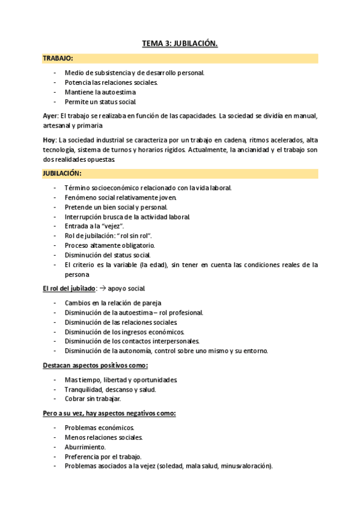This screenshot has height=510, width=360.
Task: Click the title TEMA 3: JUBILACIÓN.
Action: pyautogui.click(x=180, y=43)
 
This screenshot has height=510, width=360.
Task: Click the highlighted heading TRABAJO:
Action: pyautogui.click(x=58, y=58)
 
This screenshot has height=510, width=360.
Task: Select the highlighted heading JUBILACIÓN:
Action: pyautogui.click(x=63, y=173)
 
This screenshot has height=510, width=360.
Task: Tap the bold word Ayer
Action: pyautogui.click(x=50, y=115)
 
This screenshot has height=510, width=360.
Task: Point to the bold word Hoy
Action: pyautogui.click(x=50, y=140)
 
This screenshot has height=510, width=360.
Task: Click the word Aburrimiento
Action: pyautogui.click(x=85, y=447)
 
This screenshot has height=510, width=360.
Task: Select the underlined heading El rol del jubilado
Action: pyautogui.click(x=69, y=289)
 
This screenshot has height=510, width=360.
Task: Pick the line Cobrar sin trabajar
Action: pyautogui.click(x=93, y=399)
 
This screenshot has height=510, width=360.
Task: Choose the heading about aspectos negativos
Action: pyautogui.click(x=109, y=414)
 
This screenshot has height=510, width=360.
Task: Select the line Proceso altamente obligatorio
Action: pyautogui.click(x=110, y=245)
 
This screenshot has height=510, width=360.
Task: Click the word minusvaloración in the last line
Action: pyautogui.click(x=245, y=466)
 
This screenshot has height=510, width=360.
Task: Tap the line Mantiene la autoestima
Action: pyautogui.click(x=100, y=92)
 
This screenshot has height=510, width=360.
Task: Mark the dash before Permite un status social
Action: pyautogui.click(x=55, y=102)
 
